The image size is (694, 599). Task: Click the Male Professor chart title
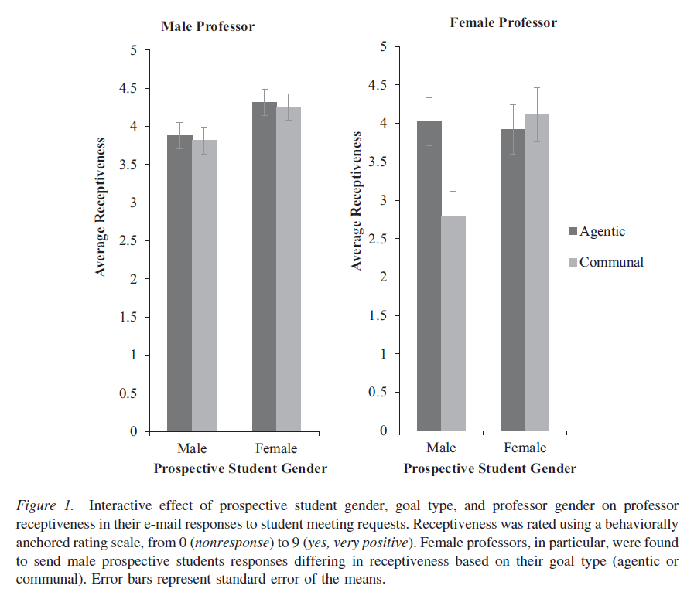[207, 26]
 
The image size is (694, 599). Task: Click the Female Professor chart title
[503, 22]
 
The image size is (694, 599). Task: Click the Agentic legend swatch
[573, 231]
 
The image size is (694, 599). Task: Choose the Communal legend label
[611, 262]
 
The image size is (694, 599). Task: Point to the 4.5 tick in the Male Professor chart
[125, 88]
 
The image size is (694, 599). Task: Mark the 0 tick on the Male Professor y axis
[132, 431]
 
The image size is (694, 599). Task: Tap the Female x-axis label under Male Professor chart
[276, 449]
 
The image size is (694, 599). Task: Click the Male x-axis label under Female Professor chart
[441, 448]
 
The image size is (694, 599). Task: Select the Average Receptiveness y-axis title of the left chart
[101, 207]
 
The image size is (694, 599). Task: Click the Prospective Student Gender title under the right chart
[490, 468]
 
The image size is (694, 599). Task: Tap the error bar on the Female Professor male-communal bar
[453, 216]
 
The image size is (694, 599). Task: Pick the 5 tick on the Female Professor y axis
[382, 47]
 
